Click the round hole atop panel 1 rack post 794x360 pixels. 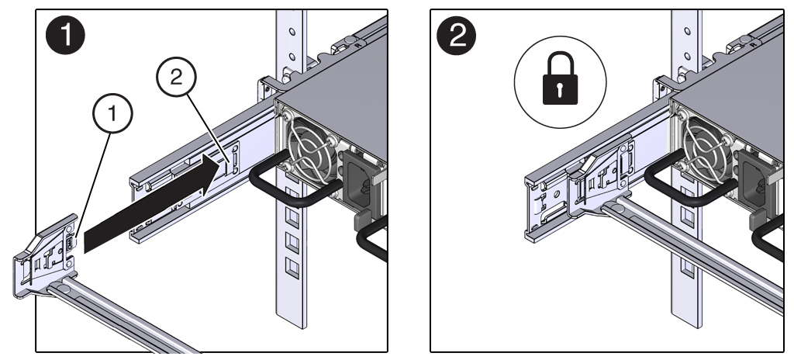point(292,33)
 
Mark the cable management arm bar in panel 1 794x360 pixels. point(124,318)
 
